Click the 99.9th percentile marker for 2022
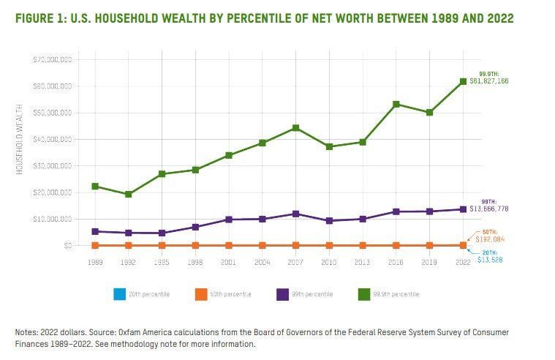[x=462, y=81]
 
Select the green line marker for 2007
[x=295, y=128]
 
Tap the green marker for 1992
[x=128, y=195]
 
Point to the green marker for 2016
[x=396, y=104]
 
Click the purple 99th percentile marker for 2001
[x=228, y=220]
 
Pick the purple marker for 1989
[x=94, y=231]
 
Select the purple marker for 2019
[x=429, y=211]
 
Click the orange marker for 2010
[x=329, y=245]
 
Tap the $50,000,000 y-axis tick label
[x=52, y=113]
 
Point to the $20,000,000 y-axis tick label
[x=52, y=192]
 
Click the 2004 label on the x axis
[x=262, y=261]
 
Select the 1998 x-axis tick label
[x=195, y=261]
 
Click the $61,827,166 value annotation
[x=504, y=81]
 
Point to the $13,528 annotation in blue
[x=490, y=260]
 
